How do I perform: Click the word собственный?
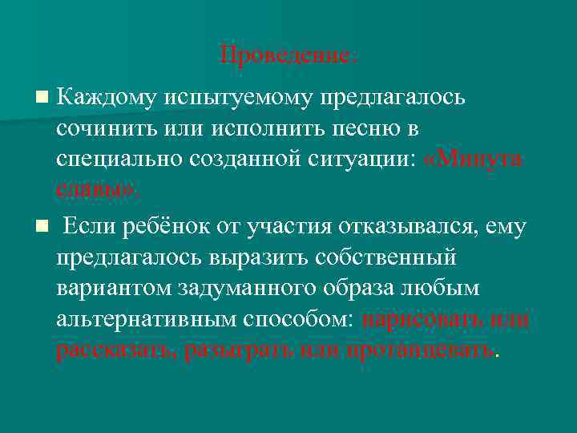[x=377, y=258]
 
